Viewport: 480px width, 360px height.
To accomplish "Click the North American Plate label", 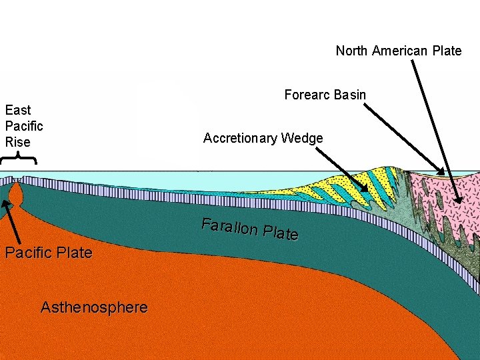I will coord(398,51).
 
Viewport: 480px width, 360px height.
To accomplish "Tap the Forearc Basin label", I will coord(325,95).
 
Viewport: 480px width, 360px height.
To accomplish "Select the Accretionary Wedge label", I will coord(263,139).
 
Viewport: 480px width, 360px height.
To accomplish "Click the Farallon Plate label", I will coord(250,229).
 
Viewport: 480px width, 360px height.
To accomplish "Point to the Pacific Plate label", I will coord(48,253).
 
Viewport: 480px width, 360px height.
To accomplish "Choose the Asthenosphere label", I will coord(94,307).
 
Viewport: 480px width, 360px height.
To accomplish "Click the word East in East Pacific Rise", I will coord(18,110).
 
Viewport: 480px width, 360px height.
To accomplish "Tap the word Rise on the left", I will coord(18,142).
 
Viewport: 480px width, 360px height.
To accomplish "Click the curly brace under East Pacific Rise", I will coord(18,158).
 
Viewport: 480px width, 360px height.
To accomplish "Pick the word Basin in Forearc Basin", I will coord(350,95).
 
